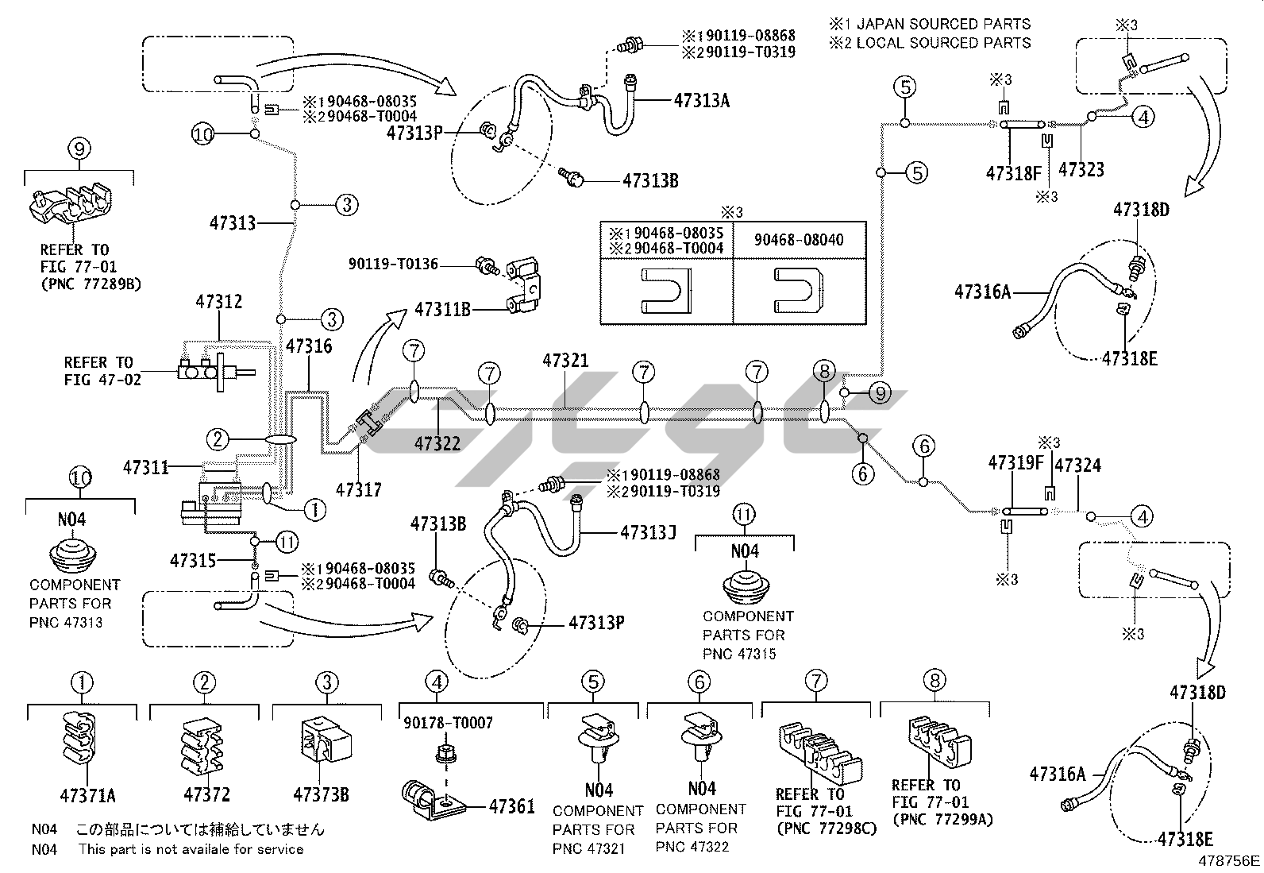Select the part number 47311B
[x=441, y=309]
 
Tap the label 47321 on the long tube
[x=565, y=361]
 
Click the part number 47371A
[x=87, y=794]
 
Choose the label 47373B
[x=320, y=794]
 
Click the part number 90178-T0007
[x=448, y=722]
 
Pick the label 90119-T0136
[x=393, y=264]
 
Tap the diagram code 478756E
[x=1229, y=860]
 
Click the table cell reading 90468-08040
[x=798, y=240]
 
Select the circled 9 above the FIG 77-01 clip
[x=80, y=148]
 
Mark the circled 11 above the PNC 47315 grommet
[x=744, y=515]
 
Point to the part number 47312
[x=219, y=302]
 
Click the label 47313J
[x=648, y=532]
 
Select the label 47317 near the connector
[x=359, y=489]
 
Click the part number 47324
[x=1077, y=465]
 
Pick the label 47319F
[x=1015, y=462]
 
